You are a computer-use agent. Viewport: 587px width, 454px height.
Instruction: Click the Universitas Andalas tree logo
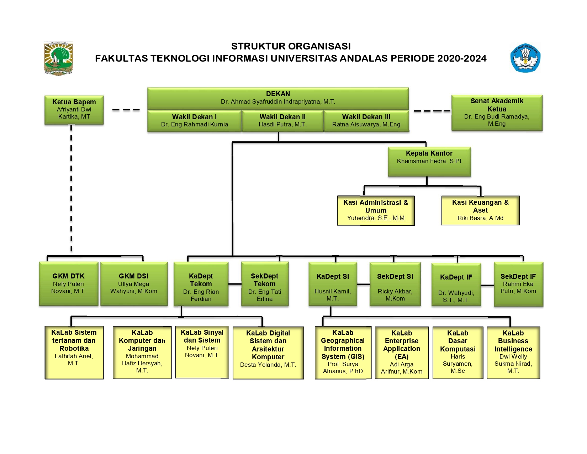pyautogui.click(x=58, y=58)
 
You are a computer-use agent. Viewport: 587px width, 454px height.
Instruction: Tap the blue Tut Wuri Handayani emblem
pyautogui.click(x=525, y=58)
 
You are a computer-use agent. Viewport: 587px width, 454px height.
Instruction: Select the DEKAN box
pyautogui.click(x=278, y=98)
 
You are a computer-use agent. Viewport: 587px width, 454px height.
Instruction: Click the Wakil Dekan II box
pyautogui.click(x=282, y=121)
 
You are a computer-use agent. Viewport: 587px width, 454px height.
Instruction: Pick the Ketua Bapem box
pyautogui.click(x=74, y=110)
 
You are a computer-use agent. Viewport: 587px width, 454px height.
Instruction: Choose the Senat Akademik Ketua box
pyautogui.click(x=497, y=113)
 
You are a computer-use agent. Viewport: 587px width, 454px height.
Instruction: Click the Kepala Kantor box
pyautogui.click(x=429, y=161)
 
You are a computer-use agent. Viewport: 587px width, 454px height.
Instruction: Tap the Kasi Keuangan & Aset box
pyautogui.click(x=480, y=210)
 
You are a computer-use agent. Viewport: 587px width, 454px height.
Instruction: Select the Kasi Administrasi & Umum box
pyautogui.click(x=376, y=210)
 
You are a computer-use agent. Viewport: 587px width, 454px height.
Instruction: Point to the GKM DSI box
pyautogui.click(x=134, y=284)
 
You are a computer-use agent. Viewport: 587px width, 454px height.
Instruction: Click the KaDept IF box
pyautogui.click(x=456, y=284)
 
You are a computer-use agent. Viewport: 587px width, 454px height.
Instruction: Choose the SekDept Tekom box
pyautogui.click(x=265, y=284)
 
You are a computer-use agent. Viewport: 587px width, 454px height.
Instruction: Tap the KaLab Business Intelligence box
pyautogui.click(x=513, y=352)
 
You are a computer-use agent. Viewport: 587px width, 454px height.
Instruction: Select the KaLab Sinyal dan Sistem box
pyautogui.click(x=202, y=352)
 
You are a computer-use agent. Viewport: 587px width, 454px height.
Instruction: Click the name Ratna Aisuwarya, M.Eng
pyautogui.click(x=366, y=125)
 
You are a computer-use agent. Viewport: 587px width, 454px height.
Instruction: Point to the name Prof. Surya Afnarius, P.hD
pyautogui.click(x=343, y=368)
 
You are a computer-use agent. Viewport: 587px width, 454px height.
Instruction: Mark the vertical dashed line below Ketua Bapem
pyautogui.click(x=72, y=189)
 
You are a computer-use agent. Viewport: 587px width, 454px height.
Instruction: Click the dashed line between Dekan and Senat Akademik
pyautogui.click(x=432, y=111)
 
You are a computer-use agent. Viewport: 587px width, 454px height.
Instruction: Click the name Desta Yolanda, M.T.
pyautogui.click(x=268, y=365)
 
